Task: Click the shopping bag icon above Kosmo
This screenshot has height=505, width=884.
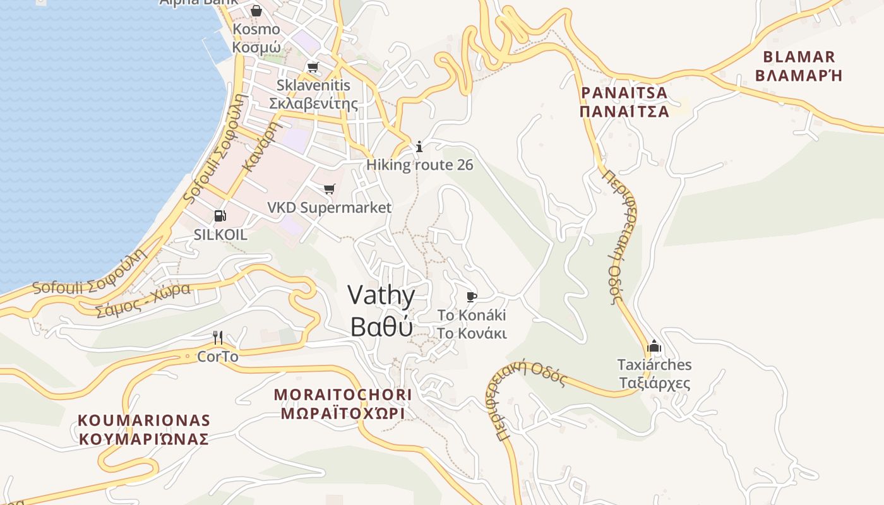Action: [256, 11]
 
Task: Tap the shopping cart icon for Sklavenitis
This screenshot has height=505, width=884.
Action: [313, 67]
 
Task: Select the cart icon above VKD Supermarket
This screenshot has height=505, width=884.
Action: [329, 189]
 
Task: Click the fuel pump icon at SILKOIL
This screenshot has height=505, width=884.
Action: [220, 216]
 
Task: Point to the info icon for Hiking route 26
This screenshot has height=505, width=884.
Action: [419, 147]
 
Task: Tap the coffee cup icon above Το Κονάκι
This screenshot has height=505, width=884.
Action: [471, 297]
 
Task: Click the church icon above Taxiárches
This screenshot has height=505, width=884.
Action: [654, 346]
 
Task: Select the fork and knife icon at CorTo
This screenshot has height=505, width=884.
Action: [218, 338]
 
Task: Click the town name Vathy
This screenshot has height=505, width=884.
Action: [381, 296]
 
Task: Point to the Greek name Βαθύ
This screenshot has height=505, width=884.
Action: [381, 326]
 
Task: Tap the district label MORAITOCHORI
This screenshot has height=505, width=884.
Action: [343, 395]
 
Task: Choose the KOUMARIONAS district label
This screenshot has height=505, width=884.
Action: [144, 420]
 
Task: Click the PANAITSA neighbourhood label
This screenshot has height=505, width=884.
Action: [624, 93]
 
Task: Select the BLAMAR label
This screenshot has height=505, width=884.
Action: [799, 57]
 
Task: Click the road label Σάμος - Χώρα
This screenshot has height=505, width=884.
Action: [143, 300]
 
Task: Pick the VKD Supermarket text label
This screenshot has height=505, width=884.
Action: [329, 208]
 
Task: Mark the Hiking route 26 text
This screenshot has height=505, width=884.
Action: [420, 165]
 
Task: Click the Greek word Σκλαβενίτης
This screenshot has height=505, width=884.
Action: [313, 104]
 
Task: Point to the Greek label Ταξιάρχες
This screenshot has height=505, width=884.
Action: [654, 383]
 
